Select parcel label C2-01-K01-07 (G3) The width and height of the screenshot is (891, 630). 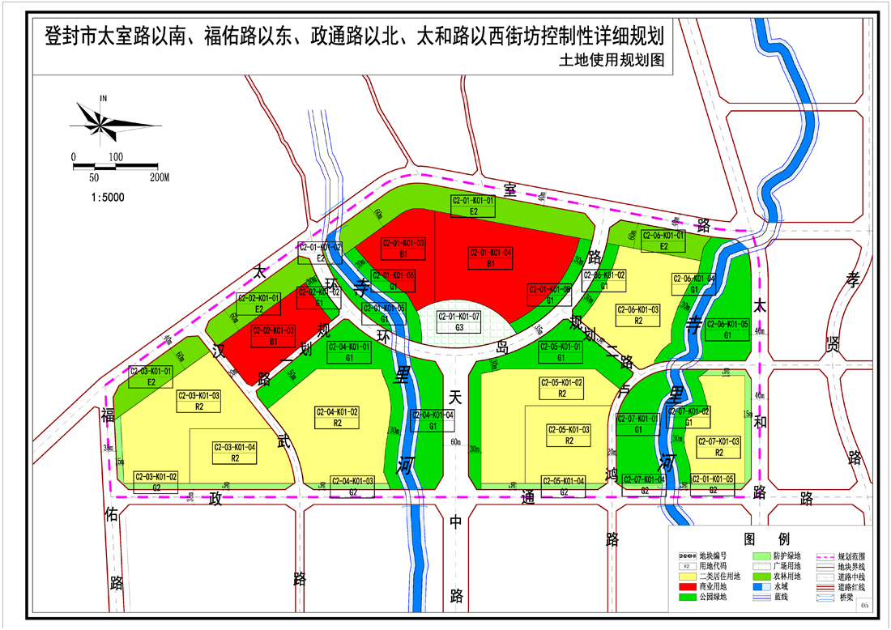pyautogui.click(x=459, y=321)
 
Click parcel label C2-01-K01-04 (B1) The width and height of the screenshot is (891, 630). pyautogui.click(x=491, y=258)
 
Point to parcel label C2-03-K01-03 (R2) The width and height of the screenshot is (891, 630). pyautogui.click(x=198, y=401)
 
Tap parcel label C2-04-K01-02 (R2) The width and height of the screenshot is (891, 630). pyautogui.click(x=338, y=417)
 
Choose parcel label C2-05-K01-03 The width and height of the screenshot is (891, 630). pyautogui.click(x=569, y=435)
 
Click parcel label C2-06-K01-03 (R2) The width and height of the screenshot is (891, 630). pyautogui.click(x=638, y=314)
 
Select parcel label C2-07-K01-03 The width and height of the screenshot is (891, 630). pyautogui.click(x=718, y=446)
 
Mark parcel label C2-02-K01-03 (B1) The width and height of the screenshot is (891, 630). pyautogui.click(x=273, y=335)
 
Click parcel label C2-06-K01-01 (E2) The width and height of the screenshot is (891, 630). pyautogui.click(x=663, y=241)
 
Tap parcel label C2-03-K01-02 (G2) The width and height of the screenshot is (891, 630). pyautogui.click(x=156, y=481)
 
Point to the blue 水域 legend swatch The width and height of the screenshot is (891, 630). pyautogui.click(x=762, y=586)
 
